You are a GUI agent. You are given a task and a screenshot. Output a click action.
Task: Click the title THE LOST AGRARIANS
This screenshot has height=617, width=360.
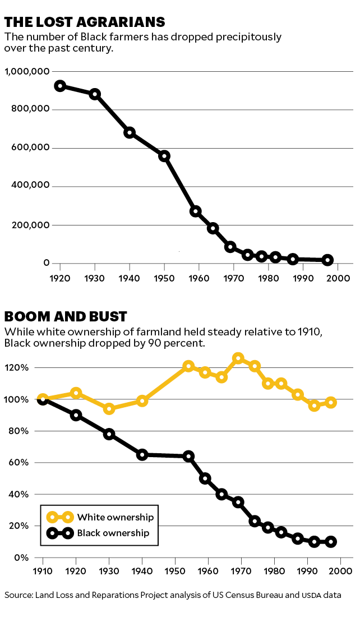coord(85,22)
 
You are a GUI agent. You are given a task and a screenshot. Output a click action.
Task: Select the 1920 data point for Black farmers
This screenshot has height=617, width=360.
coord(59,86)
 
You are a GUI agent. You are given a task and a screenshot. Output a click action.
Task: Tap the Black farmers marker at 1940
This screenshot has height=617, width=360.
coord(130,133)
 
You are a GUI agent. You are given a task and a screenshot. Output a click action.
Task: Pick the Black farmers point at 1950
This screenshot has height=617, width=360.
coord(164,156)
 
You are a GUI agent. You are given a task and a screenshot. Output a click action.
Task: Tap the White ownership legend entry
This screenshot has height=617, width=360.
coord(115,517)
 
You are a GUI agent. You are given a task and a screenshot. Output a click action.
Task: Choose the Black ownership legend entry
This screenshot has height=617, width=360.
coord(114,533)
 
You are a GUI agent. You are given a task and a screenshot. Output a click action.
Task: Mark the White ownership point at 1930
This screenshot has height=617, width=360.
coord(109,408)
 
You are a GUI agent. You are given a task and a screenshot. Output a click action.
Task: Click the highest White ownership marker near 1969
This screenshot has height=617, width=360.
coord(238,358)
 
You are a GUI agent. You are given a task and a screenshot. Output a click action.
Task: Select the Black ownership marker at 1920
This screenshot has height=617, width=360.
coord(76,415)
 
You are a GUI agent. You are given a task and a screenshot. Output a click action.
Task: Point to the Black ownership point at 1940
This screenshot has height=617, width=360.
coord(142,454)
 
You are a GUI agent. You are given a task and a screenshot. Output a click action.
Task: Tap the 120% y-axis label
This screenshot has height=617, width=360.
coord(26,368)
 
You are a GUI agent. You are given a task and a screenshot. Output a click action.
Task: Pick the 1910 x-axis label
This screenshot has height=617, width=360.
coord(43,570)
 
